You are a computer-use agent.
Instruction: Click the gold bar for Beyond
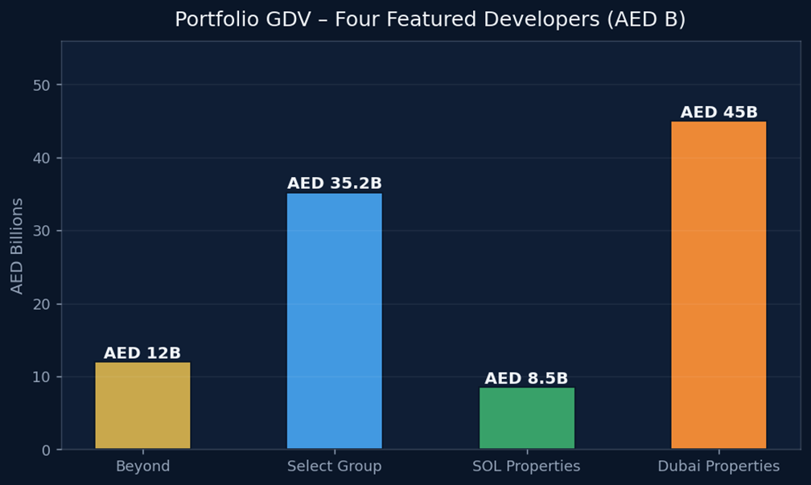pos(142,405)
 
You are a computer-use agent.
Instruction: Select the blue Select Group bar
pos(334,321)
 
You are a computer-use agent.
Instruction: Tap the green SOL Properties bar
pos(526,418)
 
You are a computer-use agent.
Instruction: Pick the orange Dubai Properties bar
pos(718,285)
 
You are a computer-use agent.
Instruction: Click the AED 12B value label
pos(142,353)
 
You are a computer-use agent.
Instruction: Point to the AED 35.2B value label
pos(334,183)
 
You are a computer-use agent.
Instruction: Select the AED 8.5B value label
pos(526,378)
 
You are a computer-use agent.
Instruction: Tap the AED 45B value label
pos(718,113)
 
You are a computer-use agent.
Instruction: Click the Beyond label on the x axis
pos(142,467)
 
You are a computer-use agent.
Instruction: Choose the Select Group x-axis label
pos(334,467)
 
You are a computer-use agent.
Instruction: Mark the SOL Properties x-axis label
pos(526,467)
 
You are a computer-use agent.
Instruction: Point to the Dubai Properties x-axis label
pos(718,467)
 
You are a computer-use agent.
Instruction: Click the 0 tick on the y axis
pos(47,450)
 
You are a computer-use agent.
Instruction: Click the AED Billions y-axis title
pos(17,245)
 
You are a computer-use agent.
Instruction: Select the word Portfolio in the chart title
pos(208,19)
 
